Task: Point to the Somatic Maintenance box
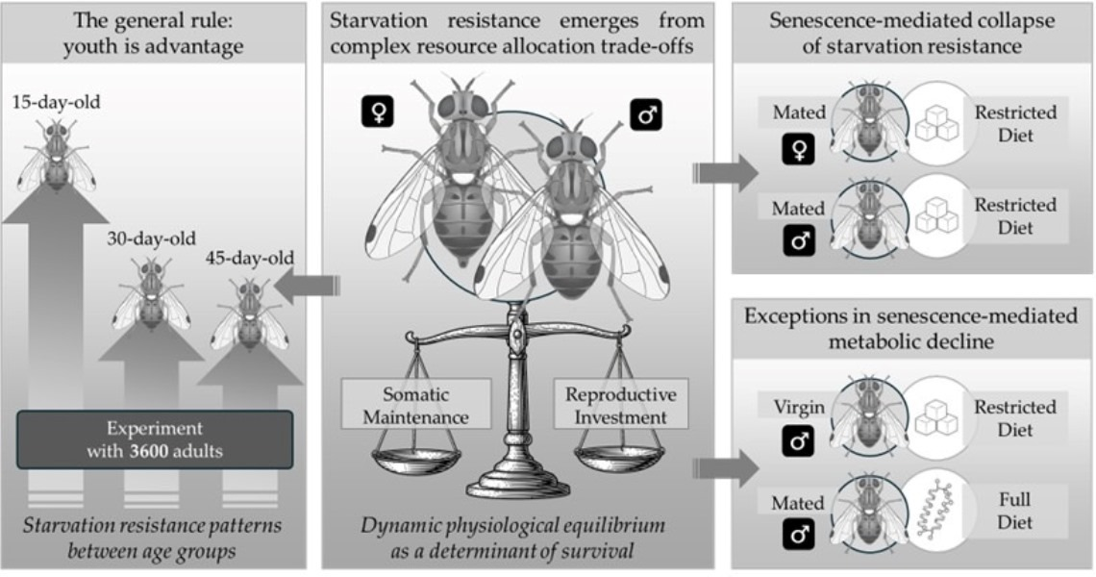click(x=416, y=405)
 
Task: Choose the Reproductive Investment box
click(x=621, y=405)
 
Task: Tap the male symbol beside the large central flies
click(x=644, y=115)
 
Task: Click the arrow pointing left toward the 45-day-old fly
click(x=307, y=286)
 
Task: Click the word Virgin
click(x=799, y=407)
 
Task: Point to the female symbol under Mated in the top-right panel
click(x=800, y=147)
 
